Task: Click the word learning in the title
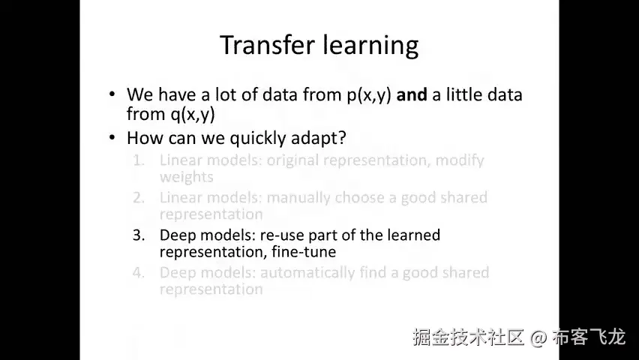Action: pyautogui.click(x=370, y=45)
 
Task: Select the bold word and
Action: pyautogui.click(x=412, y=94)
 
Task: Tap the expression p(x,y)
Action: pyautogui.click(x=369, y=95)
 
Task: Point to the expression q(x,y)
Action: pyautogui.click(x=192, y=114)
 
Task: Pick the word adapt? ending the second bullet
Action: pyautogui.click(x=318, y=138)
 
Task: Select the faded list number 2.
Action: pyautogui.click(x=139, y=198)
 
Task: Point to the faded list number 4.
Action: pyautogui.click(x=139, y=273)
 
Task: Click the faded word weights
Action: pyautogui.click(x=186, y=177)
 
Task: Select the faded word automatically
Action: pyautogui.click(x=307, y=273)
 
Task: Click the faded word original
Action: pyautogui.click(x=293, y=160)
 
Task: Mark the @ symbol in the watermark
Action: pyautogui.click(x=538, y=337)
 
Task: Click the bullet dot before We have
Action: pyautogui.click(x=112, y=94)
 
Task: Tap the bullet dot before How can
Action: pyautogui.click(x=112, y=137)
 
